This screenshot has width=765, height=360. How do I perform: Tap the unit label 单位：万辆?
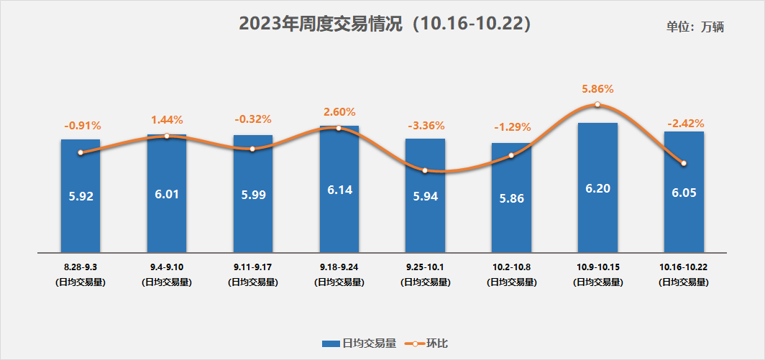tap(695, 27)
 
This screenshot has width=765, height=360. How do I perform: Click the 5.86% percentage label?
tap(597, 89)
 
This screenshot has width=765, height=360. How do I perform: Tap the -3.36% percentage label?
tap(425, 126)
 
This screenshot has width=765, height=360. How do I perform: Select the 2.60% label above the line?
tap(339, 112)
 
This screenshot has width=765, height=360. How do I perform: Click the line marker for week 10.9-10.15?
tap(597, 105)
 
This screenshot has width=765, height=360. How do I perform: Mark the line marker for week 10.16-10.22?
tap(684, 163)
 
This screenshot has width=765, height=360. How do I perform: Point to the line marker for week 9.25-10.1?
tap(425, 170)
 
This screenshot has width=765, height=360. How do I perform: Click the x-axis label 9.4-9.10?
tap(167, 267)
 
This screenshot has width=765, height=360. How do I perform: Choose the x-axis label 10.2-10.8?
tap(511, 267)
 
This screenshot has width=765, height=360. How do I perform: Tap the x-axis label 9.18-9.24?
tap(339, 267)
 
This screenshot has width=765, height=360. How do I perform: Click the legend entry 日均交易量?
tap(359, 343)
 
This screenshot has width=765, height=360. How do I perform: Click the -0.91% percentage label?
tap(81, 126)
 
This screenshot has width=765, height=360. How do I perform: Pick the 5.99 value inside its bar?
tap(253, 195)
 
